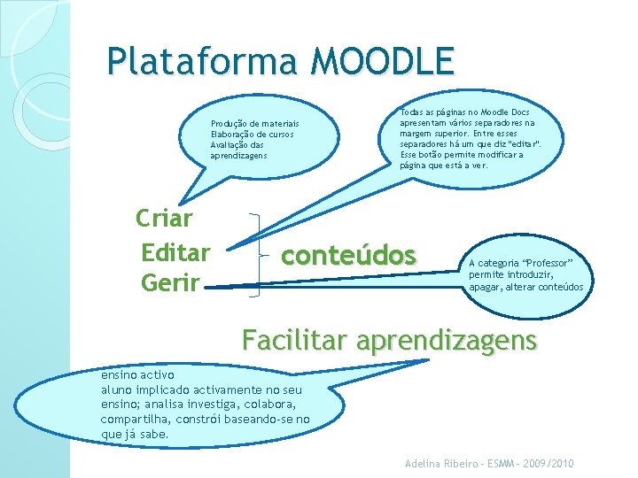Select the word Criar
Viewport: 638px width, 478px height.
point(165,218)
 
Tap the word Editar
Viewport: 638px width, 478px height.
point(175,252)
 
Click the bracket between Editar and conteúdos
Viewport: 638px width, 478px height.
point(256,252)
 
